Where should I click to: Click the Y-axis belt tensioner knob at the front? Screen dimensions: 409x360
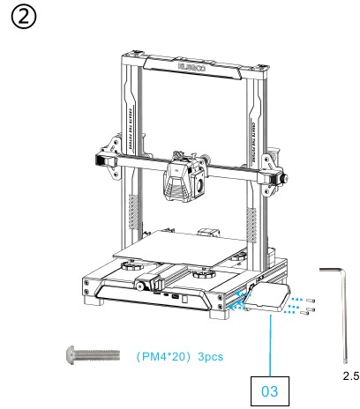click(144, 286)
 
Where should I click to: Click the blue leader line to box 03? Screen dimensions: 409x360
click(269, 344)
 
